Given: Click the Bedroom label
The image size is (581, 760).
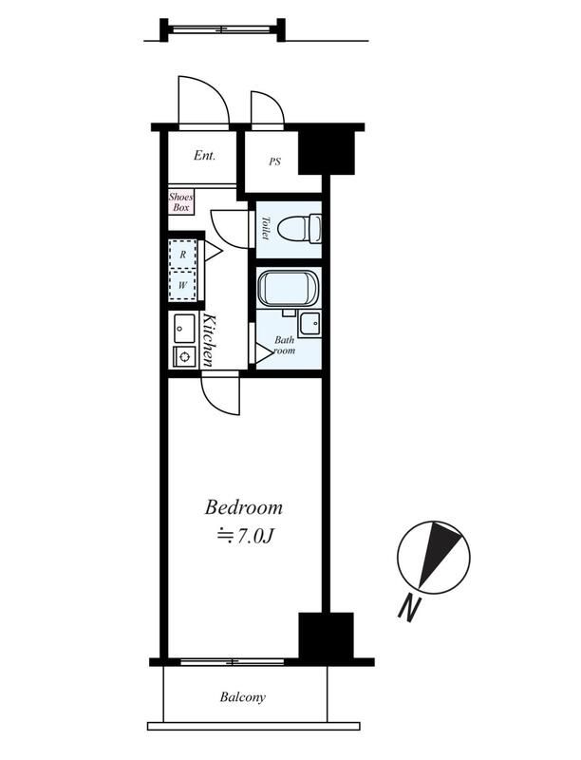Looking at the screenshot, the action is click(x=244, y=507).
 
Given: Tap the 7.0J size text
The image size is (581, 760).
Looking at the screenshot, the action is click(x=246, y=536).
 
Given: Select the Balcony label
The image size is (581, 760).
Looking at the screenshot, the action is click(x=243, y=697).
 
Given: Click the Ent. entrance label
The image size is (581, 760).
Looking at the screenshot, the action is click(x=204, y=156).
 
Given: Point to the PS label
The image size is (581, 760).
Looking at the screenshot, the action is click(x=274, y=161).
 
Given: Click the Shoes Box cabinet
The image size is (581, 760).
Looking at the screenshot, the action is click(x=180, y=201).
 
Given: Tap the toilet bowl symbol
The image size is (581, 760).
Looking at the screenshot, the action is click(x=300, y=229).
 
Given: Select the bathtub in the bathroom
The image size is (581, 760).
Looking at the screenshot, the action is click(x=288, y=289).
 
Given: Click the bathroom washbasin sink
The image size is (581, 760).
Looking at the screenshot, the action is click(x=309, y=323).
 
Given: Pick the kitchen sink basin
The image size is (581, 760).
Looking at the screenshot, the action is click(x=184, y=328).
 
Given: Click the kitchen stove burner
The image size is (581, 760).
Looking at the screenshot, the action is click(x=184, y=357).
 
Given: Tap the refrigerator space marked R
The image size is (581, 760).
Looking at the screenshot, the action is click(x=182, y=254).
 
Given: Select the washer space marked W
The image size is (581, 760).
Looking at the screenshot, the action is click(x=182, y=285).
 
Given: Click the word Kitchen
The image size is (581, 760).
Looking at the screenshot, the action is click(x=209, y=340).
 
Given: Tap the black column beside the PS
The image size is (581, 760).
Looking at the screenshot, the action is click(x=327, y=152).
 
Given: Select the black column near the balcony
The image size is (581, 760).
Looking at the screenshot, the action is click(x=326, y=636).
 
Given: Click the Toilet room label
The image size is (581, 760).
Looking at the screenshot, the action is click(x=265, y=228).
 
